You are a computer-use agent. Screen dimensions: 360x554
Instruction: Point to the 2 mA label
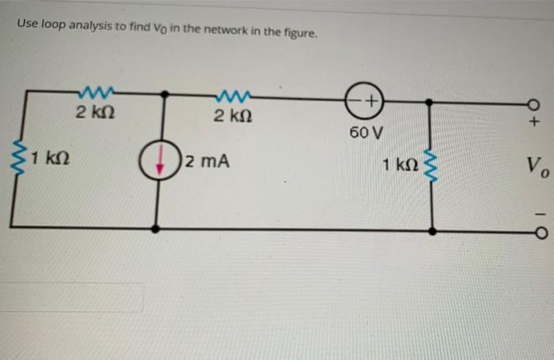[x=207, y=162]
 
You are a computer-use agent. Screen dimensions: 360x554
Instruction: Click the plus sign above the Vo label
[x=534, y=123]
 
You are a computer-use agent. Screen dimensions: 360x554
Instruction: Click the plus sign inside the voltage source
[x=371, y=100]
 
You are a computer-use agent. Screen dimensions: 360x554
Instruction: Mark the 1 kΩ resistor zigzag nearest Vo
[x=431, y=165]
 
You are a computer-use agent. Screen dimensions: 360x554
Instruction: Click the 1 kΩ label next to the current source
[x=50, y=155]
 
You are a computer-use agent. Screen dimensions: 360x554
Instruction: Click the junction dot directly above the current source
[x=164, y=93]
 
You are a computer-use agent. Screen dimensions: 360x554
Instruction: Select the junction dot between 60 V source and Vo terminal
[x=429, y=102]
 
